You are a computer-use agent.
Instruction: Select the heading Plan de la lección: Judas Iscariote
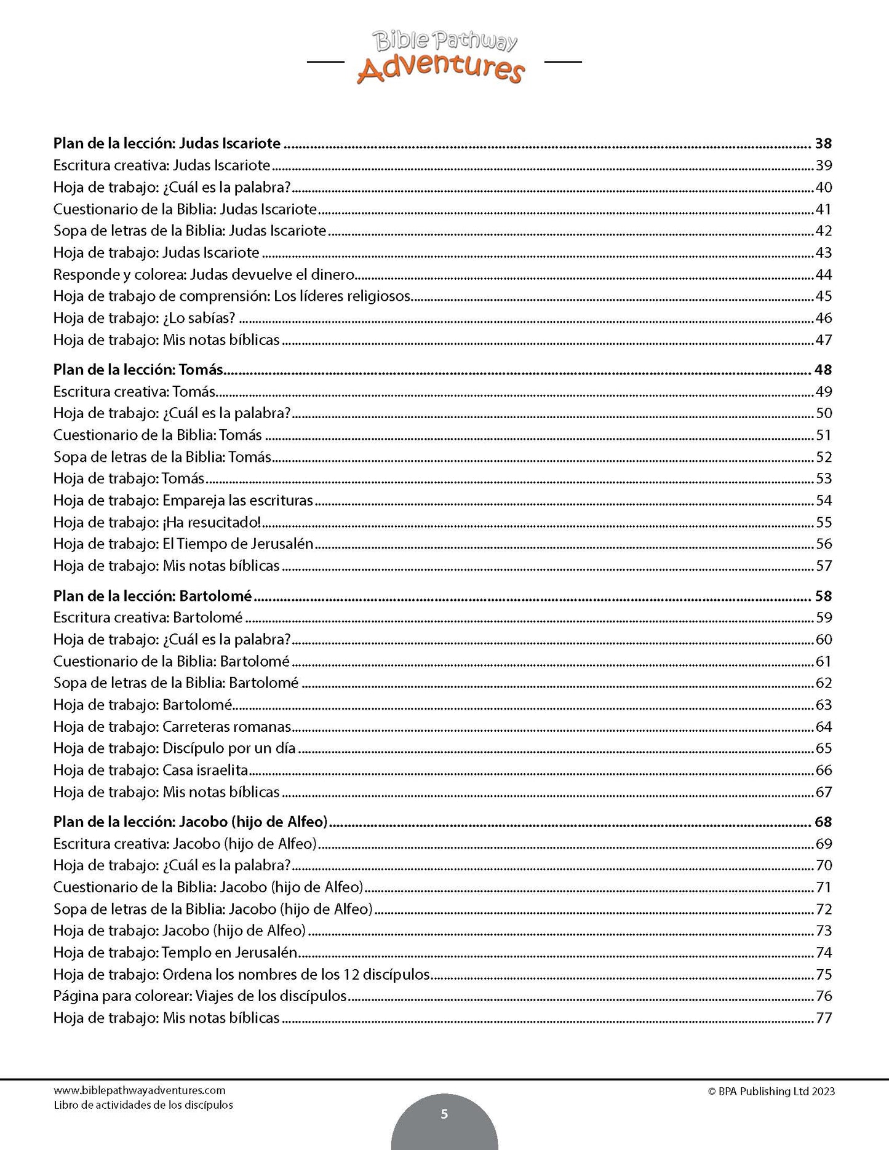click(x=167, y=144)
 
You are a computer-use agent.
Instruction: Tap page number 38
click(x=823, y=144)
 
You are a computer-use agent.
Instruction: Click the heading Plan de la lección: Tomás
click(x=138, y=370)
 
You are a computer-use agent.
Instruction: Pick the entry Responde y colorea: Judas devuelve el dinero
click(x=204, y=274)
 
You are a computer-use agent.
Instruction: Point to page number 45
click(x=823, y=296)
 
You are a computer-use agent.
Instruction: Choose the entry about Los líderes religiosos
click(x=232, y=296)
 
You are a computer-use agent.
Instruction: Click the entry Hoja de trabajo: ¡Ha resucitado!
click(x=157, y=522)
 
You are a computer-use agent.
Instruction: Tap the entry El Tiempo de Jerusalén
click(x=183, y=544)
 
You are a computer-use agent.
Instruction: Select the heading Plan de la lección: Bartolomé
click(x=153, y=596)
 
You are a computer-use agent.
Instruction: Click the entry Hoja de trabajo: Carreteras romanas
click(x=172, y=727)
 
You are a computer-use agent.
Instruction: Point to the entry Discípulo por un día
click(x=175, y=748)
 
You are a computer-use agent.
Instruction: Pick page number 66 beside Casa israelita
click(x=823, y=771)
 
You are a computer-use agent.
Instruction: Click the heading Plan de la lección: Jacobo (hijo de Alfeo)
click(x=190, y=822)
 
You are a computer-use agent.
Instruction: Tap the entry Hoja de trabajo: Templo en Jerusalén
click(x=175, y=953)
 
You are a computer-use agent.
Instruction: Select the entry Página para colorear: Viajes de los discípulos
click(x=200, y=996)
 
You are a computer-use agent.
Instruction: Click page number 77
click(x=823, y=1018)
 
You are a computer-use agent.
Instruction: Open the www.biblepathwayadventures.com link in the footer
click(x=140, y=1090)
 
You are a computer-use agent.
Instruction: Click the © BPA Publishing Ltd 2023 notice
click(x=771, y=1092)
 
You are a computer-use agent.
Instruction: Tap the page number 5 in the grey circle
click(x=444, y=1114)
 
